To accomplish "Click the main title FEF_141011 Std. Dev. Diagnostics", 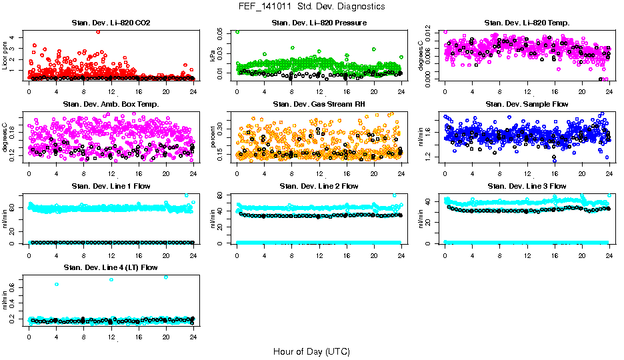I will point(311,7).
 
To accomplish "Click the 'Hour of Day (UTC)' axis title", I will point(311,351).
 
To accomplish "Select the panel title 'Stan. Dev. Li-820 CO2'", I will point(111,23).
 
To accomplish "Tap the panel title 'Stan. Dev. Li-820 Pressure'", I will point(319,23).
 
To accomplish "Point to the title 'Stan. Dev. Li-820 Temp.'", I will point(527,23).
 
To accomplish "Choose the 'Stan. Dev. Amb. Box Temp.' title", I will point(111,105).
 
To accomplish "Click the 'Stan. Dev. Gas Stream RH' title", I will point(319,105).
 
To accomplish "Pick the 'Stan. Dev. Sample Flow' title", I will point(527,105).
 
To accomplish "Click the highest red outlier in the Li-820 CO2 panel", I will point(98,31).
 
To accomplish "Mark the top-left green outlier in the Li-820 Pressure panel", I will point(237,31).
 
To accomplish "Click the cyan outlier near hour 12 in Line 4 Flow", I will point(111,279).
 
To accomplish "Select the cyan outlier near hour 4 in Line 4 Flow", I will point(57,285).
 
